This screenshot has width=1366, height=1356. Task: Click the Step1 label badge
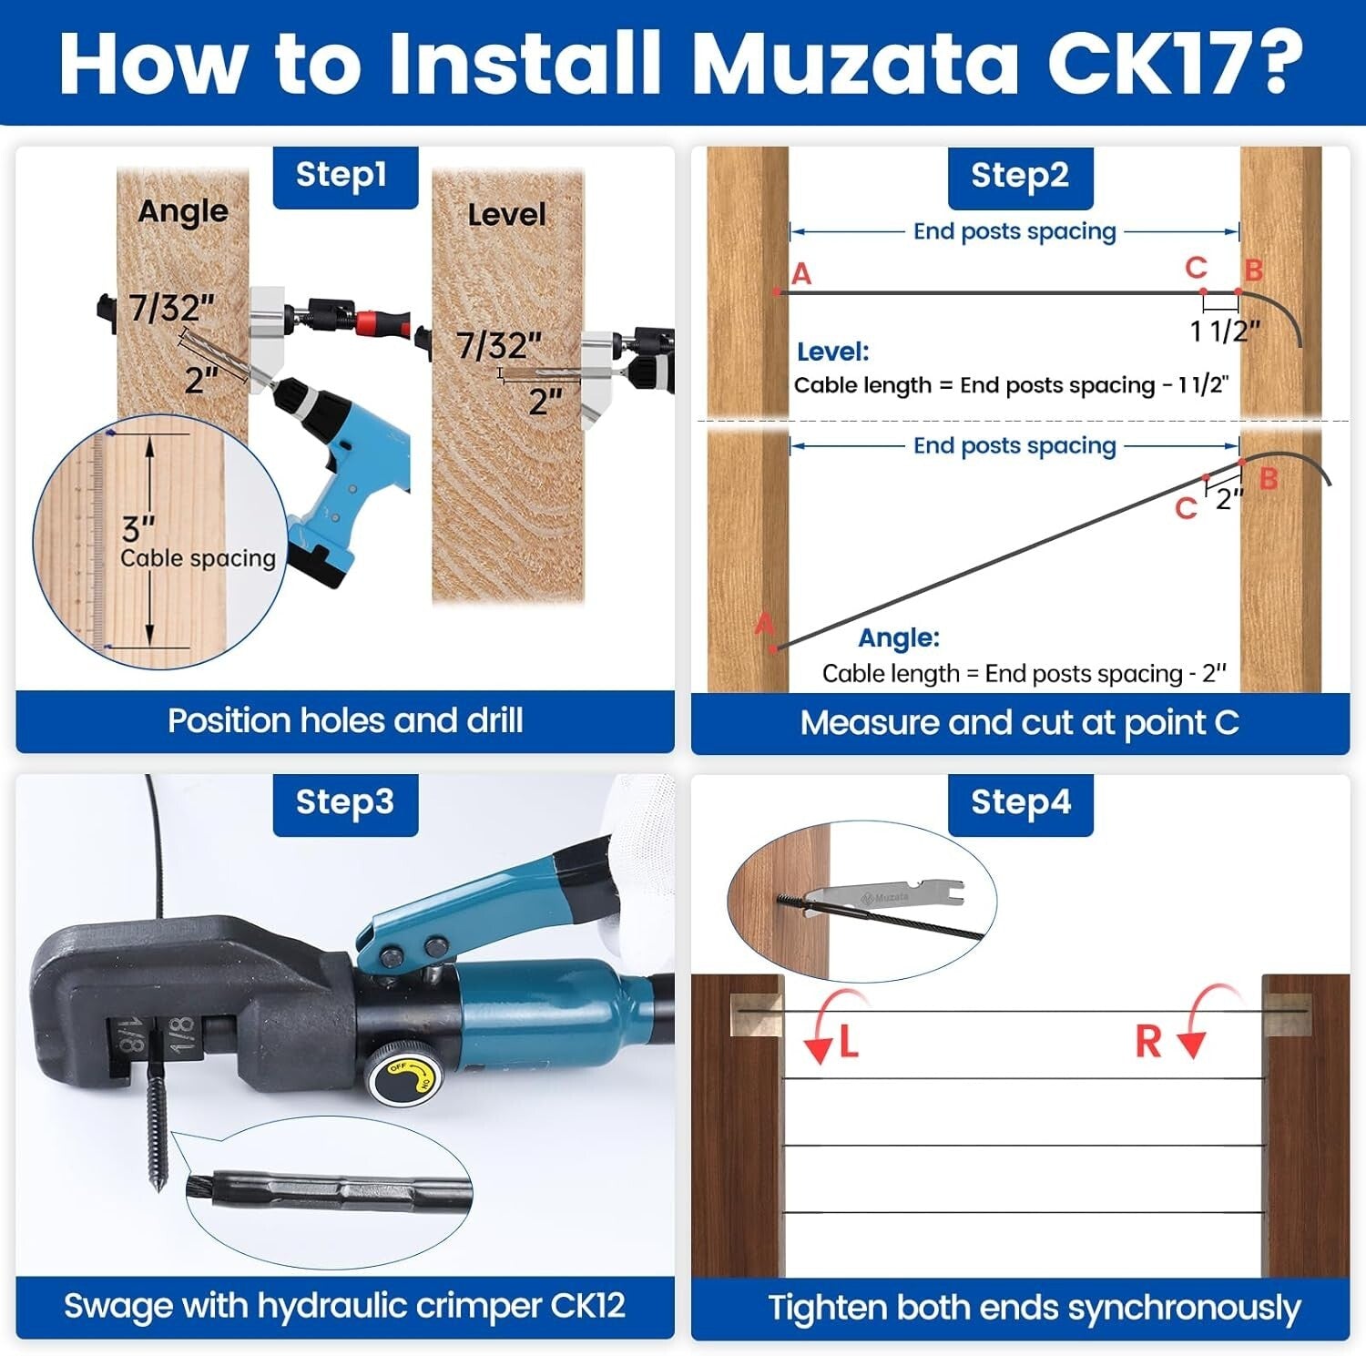point(345,176)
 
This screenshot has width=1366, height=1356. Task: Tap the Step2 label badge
point(1020,177)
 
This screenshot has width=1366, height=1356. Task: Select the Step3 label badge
point(345,803)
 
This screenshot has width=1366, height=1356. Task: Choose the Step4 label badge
point(1020,803)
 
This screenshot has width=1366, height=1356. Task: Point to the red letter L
point(849,1042)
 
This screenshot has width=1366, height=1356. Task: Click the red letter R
point(1148,1042)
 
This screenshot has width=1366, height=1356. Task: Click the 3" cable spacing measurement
point(138,529)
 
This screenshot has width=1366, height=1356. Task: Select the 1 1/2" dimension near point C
point(1225,331)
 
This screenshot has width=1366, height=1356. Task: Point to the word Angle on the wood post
point(183,212)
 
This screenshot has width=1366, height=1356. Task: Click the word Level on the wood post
point(506,215)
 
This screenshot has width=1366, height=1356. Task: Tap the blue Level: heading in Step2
point(832,352)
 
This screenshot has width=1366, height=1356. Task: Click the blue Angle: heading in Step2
point(899,637)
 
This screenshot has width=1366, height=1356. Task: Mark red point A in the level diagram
point(777,292)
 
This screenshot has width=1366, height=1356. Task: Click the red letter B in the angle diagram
point(1268,479)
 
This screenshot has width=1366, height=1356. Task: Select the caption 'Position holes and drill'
point(345,721)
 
